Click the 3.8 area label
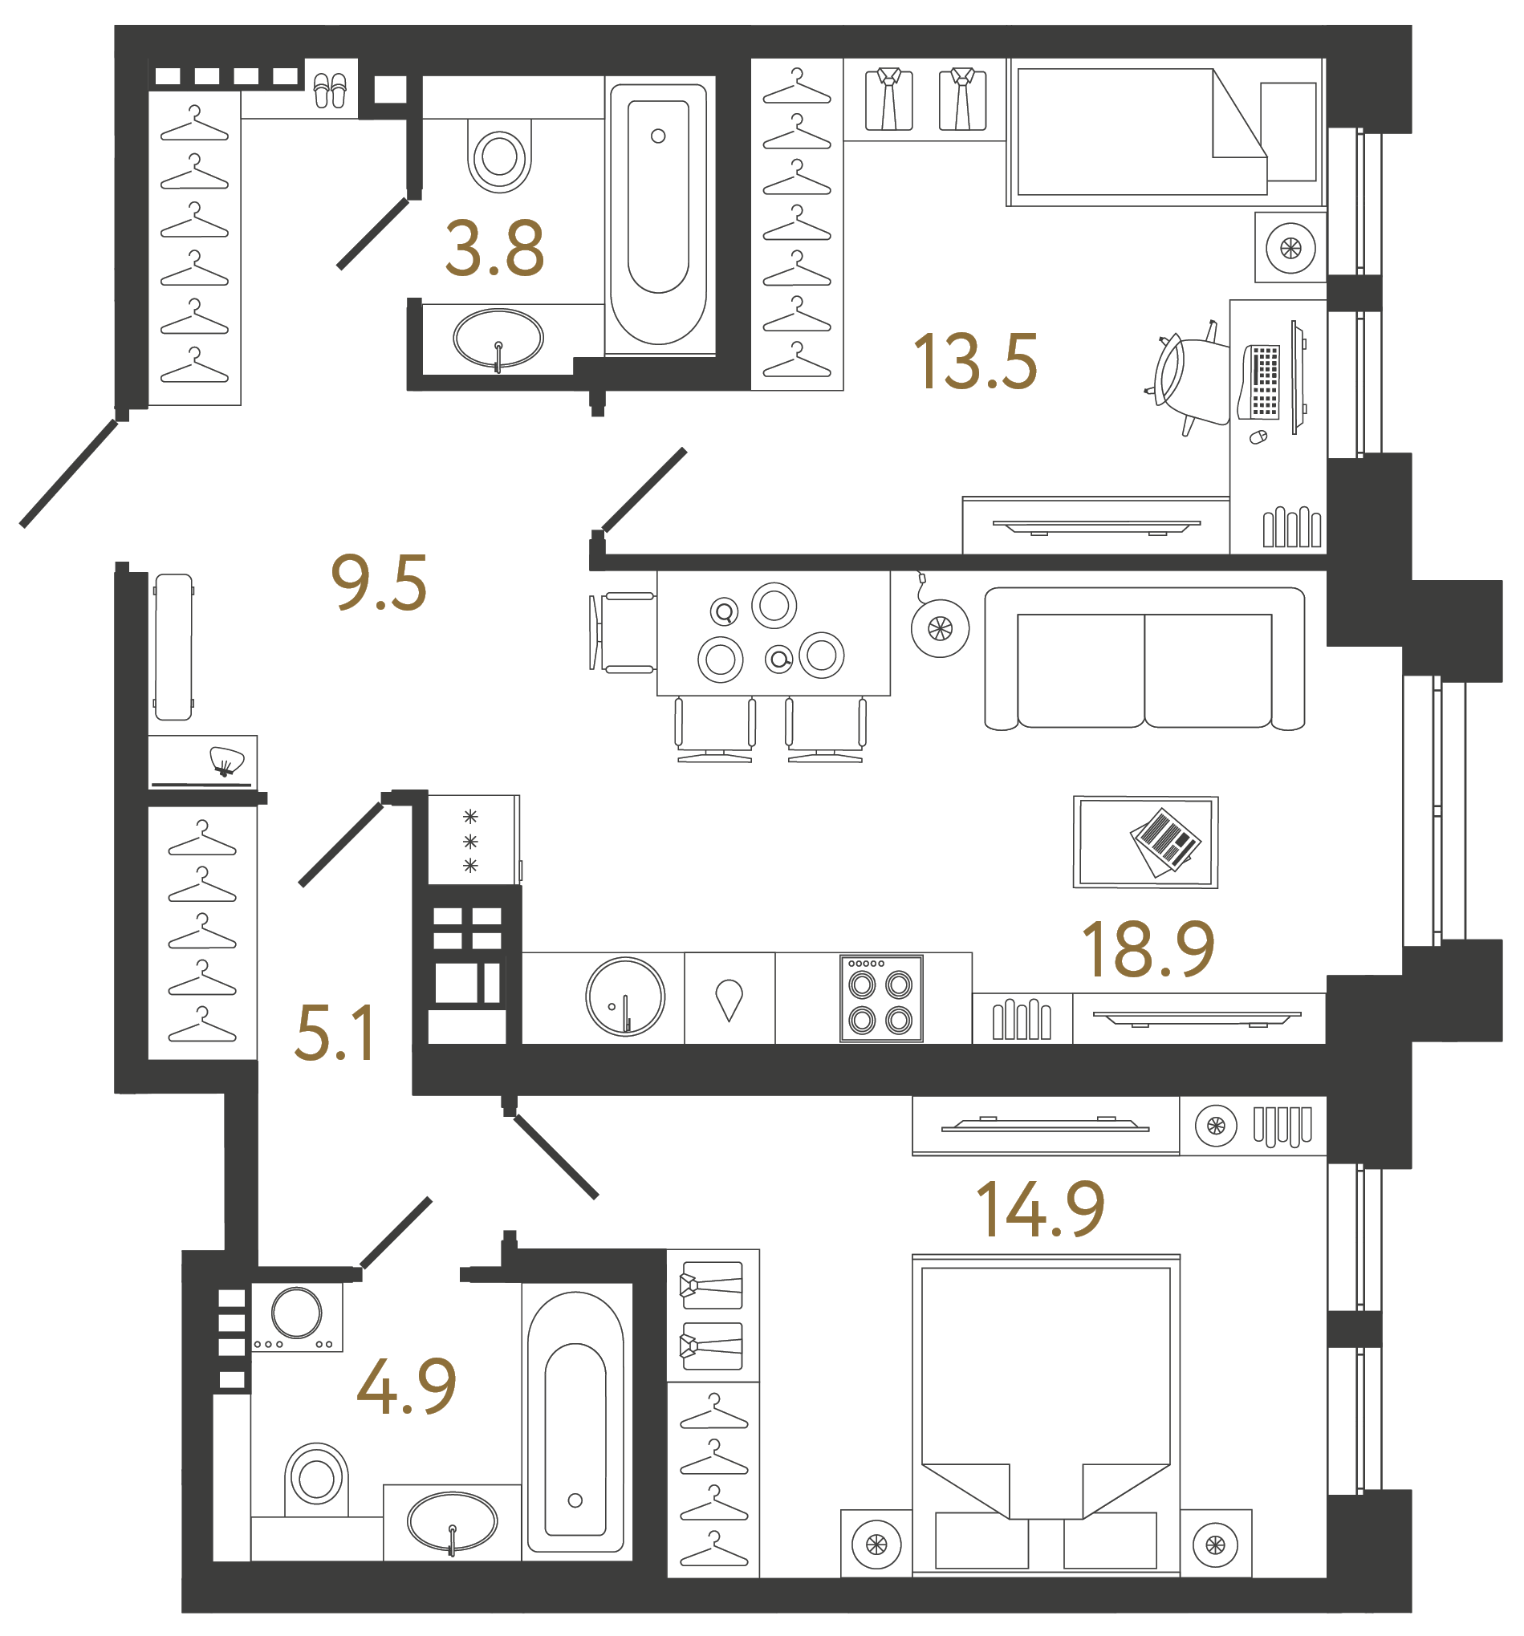coord(494,249)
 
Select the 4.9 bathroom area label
coord(407,1386)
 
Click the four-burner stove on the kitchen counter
coord(880,998)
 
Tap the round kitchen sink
coord(624,996)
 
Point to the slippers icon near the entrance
coord(330,91)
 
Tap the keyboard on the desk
coord(1264,382)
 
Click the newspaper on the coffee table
coord(1165,841)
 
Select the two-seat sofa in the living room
coord(1144,659)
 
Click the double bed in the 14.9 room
coord(1045,1399)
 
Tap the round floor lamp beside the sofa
coord(940,629)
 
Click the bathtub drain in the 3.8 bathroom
coord(657,136)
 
